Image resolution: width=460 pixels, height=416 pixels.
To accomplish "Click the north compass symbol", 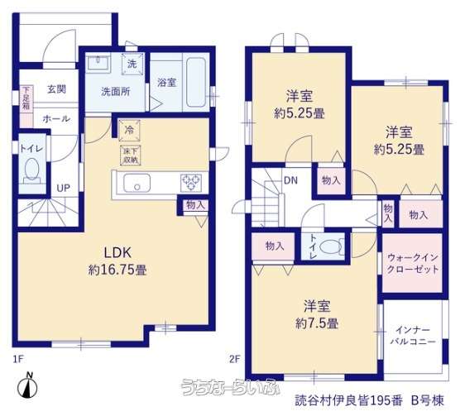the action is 27,387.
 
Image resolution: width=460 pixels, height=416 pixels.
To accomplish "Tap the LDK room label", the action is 118,253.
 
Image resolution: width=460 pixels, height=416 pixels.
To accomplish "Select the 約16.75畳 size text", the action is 117,270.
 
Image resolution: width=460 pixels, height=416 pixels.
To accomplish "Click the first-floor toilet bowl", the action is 32,170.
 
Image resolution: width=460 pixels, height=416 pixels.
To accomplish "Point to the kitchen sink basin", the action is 137,183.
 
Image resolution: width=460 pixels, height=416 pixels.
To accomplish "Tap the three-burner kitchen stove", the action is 191,183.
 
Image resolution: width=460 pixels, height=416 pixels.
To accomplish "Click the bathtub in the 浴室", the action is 196,83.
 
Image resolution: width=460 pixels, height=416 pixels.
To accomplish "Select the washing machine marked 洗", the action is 132,64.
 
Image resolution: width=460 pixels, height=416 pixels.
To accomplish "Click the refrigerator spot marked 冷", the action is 129,131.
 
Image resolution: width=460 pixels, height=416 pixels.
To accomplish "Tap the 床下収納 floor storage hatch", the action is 130,155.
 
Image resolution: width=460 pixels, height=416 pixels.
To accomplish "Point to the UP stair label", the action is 64,188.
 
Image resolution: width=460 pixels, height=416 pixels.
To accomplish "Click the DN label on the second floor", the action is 290,180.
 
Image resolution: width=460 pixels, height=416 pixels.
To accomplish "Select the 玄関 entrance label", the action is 56,88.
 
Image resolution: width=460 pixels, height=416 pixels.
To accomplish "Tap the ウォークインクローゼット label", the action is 413,263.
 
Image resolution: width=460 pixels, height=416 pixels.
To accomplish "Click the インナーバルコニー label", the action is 413,336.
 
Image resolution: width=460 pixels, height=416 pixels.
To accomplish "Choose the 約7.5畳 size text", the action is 317,323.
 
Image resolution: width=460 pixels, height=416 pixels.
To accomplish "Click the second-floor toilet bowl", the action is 332,246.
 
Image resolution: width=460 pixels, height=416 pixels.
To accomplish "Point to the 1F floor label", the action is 18,359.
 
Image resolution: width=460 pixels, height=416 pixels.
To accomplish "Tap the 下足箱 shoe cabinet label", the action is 26,98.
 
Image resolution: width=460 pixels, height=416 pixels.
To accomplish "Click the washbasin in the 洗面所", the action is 98,63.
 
